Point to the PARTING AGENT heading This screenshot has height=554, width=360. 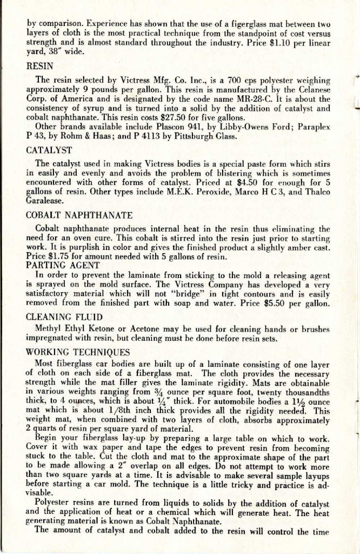(x=63, y=265)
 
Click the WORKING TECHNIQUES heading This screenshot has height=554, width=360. (x=78, y=352)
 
